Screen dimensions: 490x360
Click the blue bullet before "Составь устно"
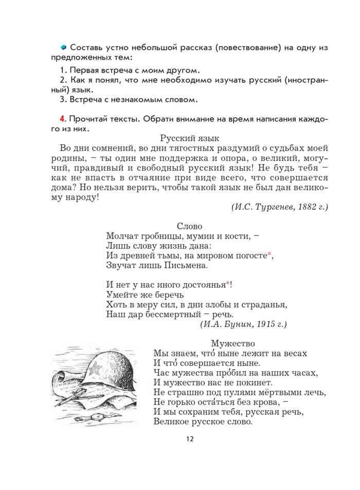(64, 47)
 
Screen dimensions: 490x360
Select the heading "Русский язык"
(190, 138)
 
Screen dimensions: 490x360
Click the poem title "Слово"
(189, 226)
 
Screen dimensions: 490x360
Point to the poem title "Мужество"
(232, 343)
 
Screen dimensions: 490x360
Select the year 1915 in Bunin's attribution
(266, 324)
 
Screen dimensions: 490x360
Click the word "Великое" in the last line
(172, 422)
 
